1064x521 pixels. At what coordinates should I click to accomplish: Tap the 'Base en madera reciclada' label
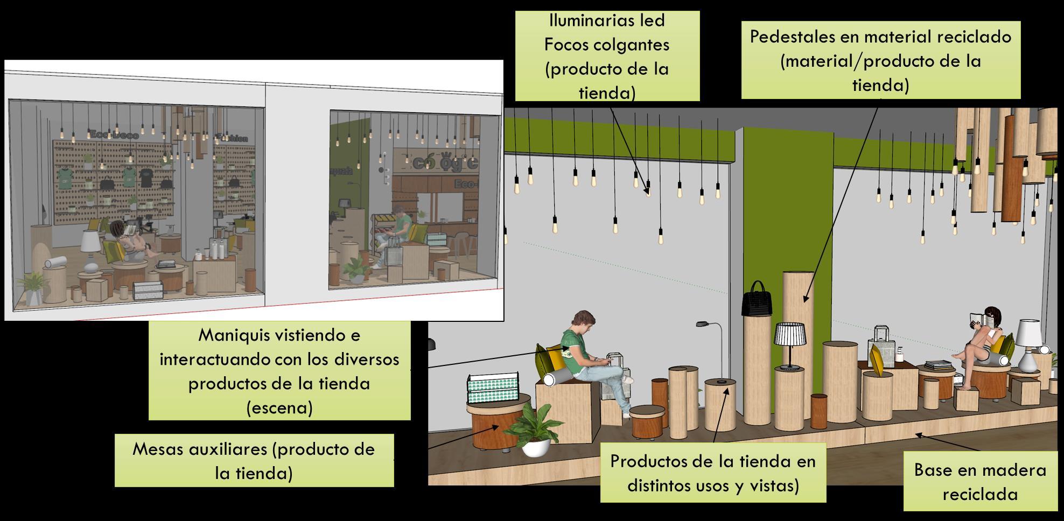point(979,482)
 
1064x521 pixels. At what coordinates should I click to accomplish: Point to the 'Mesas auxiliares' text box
point(254,461)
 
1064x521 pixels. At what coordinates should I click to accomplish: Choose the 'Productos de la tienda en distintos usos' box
point(713,473)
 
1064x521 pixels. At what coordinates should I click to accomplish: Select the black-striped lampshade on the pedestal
point(789,335)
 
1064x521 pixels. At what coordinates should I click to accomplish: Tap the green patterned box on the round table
point(492,388)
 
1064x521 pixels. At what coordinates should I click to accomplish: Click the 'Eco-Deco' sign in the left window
point(114,135)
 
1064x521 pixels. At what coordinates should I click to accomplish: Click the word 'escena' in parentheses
point(279,408)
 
